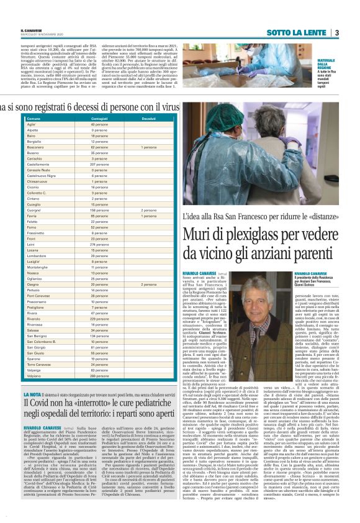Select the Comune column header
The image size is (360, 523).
(x=35, y=118)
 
